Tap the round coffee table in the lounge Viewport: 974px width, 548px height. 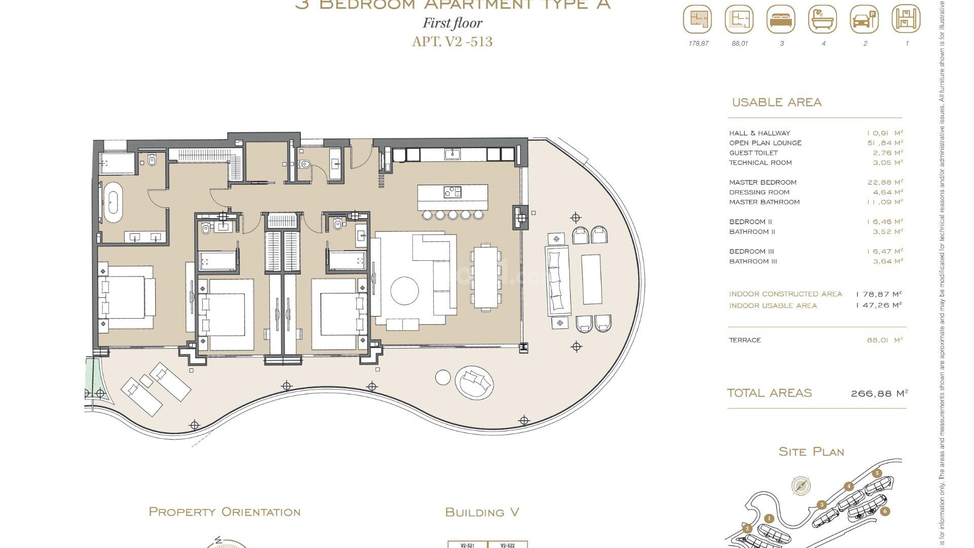405,291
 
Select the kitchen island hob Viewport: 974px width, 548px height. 453,192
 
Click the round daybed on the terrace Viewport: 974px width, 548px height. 474,382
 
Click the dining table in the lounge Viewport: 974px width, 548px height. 486,277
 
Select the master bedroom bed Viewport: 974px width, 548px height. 127,296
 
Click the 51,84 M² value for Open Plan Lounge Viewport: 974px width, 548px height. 885,143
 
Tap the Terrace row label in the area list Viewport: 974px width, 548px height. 745,340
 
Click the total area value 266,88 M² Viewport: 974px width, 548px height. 879,393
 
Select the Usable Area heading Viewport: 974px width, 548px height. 776,102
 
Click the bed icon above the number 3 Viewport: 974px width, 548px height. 781,20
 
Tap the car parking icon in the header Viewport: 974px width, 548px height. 864,20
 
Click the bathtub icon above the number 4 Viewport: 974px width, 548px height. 822,20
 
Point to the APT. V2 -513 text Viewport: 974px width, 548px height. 452,42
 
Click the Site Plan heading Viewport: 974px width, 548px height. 811,452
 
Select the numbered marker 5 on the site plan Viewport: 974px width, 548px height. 877,473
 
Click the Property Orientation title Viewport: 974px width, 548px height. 224,512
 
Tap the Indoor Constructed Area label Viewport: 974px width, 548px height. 785,294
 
